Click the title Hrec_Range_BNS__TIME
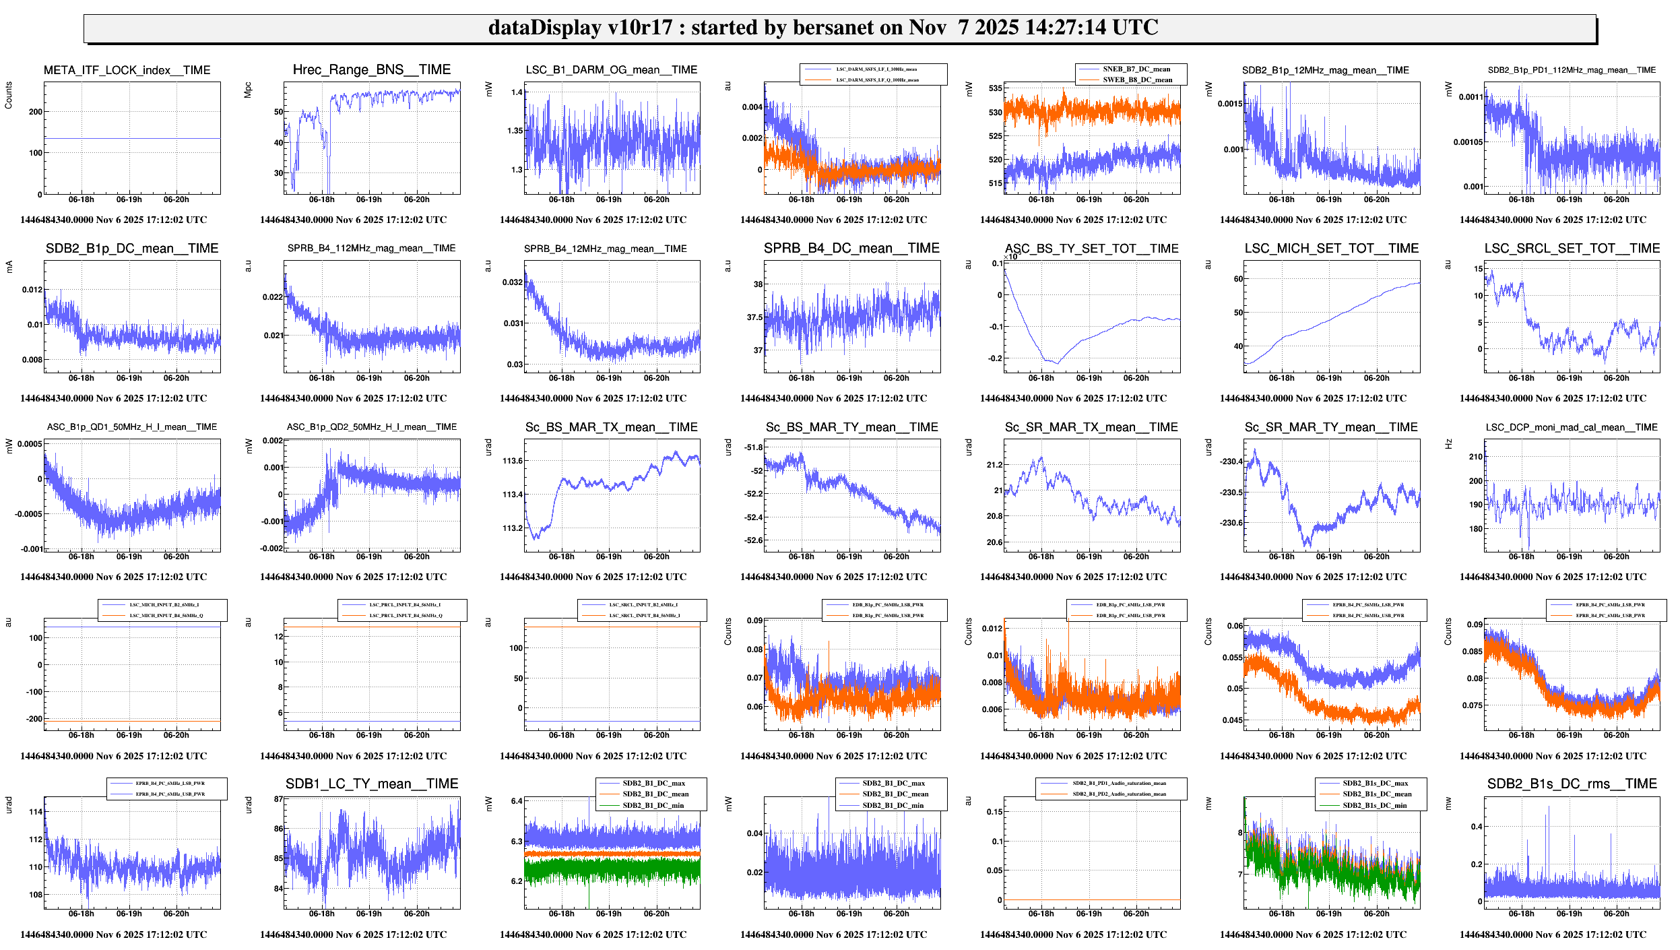pyautogui.click(x=371, y=69)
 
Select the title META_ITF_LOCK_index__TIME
pyautogui.click(x=127, y=70)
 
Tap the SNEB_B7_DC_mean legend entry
pyautogui.click(x=1136, y=69)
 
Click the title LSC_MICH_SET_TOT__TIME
pyautogui.click(x=1331, y=249)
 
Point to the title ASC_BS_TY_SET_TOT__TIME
pyautogui.click(x=1091, y=249)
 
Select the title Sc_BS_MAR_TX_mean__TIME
pyautogui.click(x=611, y=427)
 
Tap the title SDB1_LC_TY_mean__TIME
pyautogui.click(x=371, y=784)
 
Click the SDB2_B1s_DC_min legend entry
pyautogui.click(x=1374, y=805)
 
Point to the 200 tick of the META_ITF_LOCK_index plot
pyautogui.click(x=36, y=112)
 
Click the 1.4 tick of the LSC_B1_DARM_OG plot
pyautogui.click(x=517, y=92)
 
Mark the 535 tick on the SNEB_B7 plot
pyautogui.click(x=996, y=88)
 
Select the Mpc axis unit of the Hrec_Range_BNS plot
pyautogui.click(x=248, y=90)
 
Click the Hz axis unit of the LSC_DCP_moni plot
pyautogui.click(x=1448, y=444)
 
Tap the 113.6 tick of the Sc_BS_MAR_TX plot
pyautogui.click(x=513, y=461)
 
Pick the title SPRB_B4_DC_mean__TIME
pyautogui.click(x=851, y=249)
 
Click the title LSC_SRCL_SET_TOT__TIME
pyautogui.click(x=1572, y=249)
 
